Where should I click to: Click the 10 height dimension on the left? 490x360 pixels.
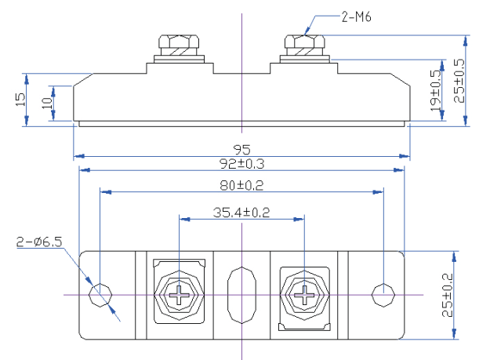(x=46, y=103)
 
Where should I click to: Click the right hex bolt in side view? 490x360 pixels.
(x=303, y=45)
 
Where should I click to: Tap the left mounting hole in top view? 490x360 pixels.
(x=100, y=296)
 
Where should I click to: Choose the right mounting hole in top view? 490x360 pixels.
(x=382, y=296)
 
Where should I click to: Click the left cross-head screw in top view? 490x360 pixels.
(x=180, y=296)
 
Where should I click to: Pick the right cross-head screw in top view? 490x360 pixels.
(x=303, y=296)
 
